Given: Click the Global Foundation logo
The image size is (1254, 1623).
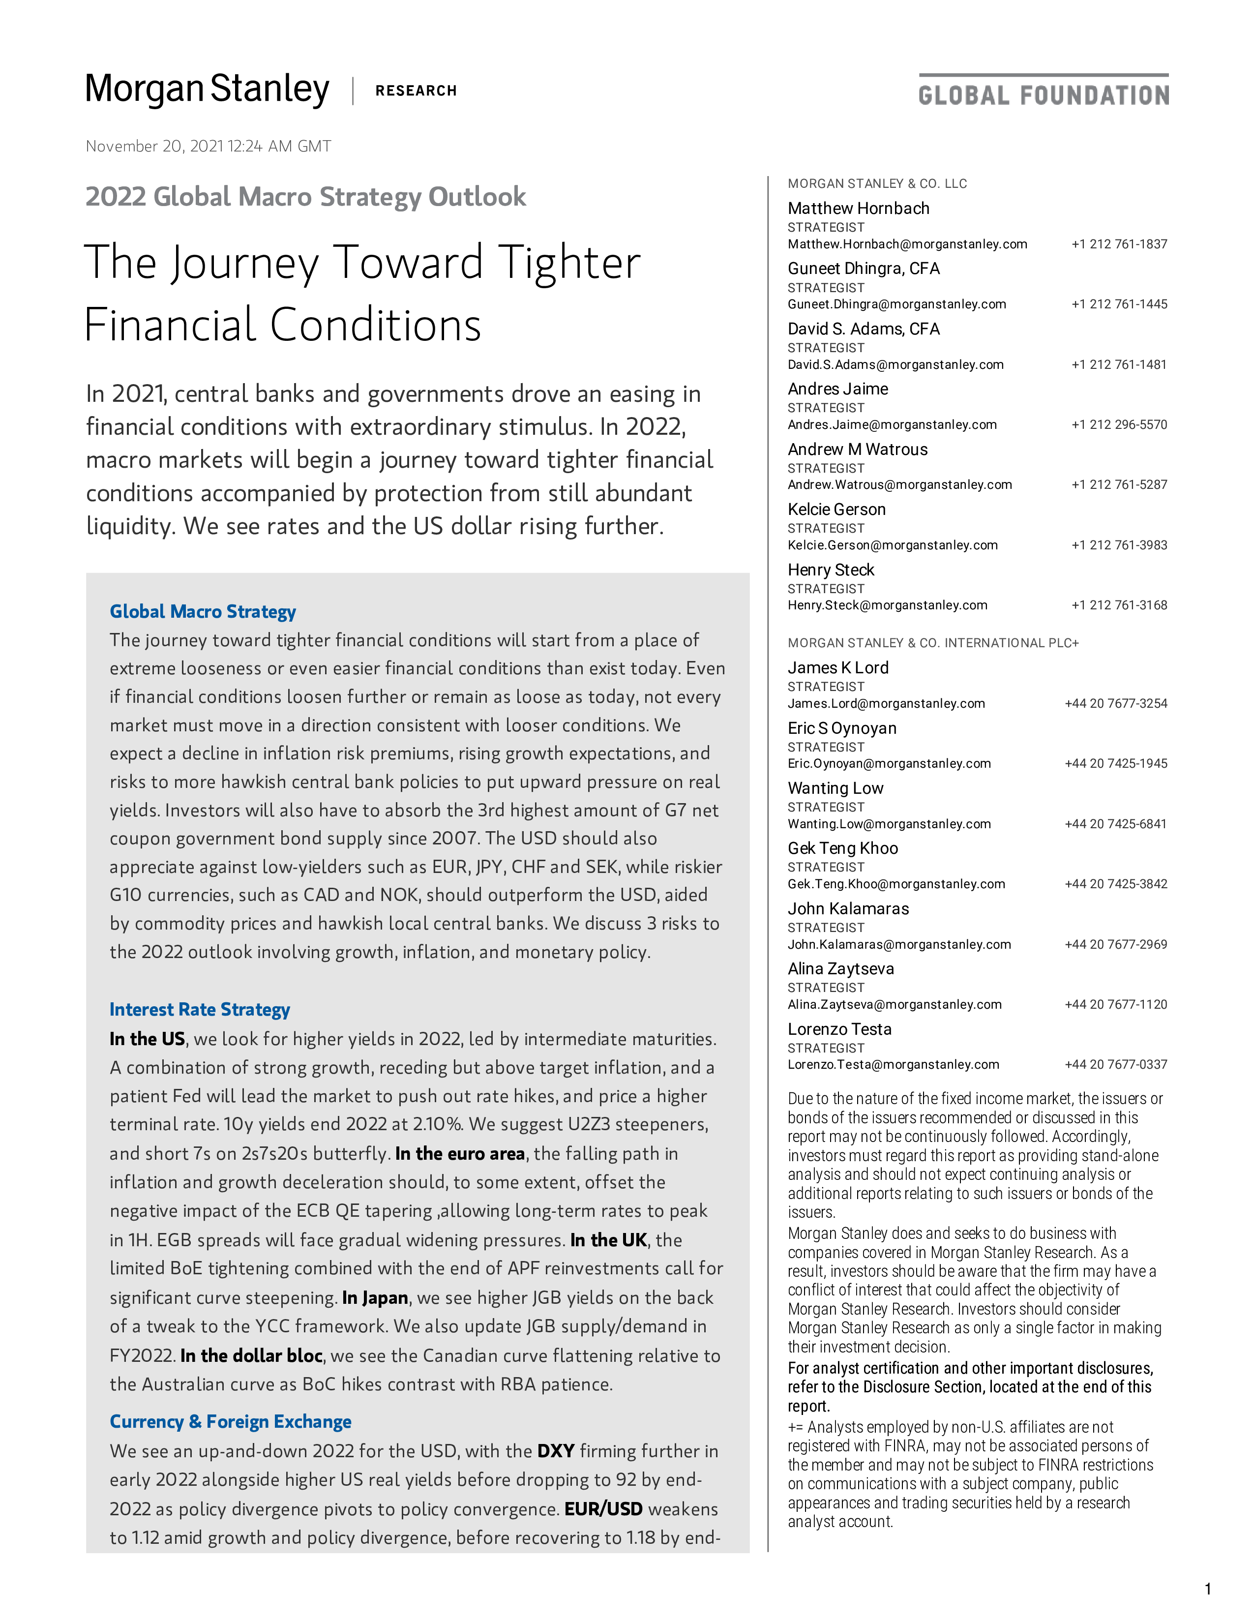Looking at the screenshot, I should pos(1043,90).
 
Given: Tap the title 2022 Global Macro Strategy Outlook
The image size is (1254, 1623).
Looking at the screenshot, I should pos(305,197).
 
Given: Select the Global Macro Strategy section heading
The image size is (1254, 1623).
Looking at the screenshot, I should pos(203,612).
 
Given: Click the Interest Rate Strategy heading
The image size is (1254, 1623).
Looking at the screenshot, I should pos(200,1010).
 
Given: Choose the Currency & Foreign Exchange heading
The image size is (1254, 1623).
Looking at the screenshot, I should pos(230,1422).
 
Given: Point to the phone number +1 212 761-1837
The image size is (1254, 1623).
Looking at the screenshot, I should pos(1119,244).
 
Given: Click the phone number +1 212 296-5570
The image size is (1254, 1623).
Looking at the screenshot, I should pos(1119,425).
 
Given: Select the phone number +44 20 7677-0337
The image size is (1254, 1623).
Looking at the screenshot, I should pos(1116,1065).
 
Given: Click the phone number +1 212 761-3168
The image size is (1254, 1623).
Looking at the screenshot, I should pos(1119,605).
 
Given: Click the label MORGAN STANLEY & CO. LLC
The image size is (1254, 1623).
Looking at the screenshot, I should pos(877,183).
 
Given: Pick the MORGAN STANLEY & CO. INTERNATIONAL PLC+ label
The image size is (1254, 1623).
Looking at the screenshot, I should pos(933,643).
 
